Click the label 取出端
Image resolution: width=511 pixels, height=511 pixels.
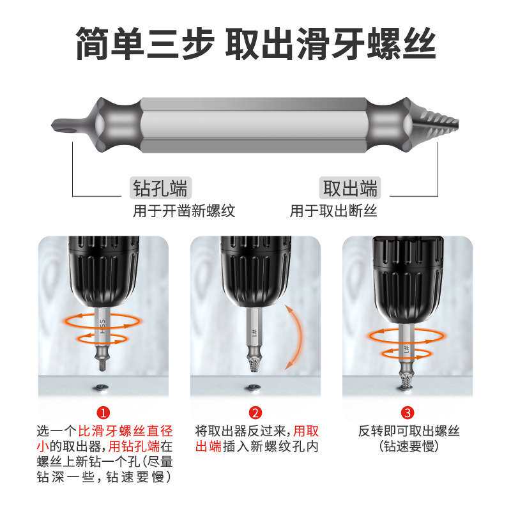click(349, 188)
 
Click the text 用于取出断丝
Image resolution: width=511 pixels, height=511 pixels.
click(333, 211)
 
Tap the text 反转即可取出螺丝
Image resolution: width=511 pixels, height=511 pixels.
click(408, 431)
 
